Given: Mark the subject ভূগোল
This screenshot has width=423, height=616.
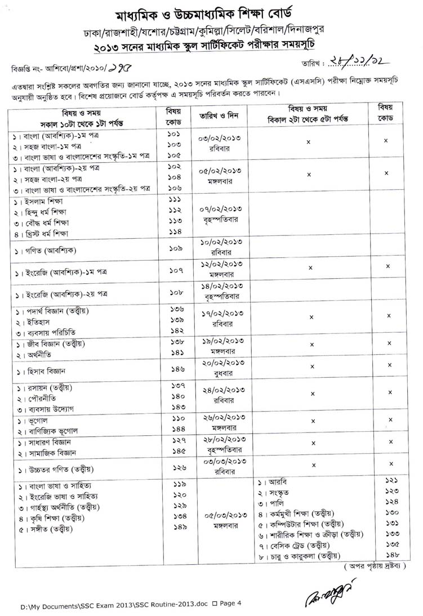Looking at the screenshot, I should (x=35, y=421).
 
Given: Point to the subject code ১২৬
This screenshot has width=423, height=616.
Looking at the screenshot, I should (x=176, y=468).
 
